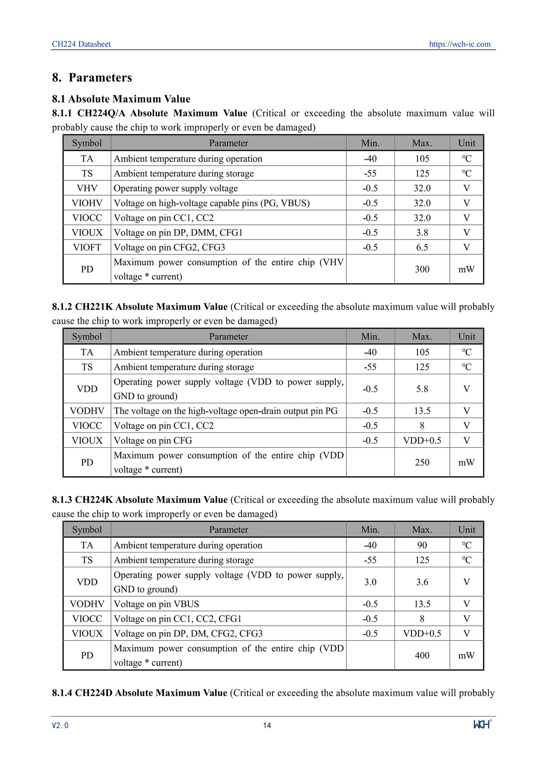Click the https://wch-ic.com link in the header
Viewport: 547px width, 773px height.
pyautogui.click(x=460, y=44)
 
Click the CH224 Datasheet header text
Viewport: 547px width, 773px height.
pyautogui.click(x=81, y=44)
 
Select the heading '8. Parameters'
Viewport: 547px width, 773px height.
pyautogui.click(x=92, y=78)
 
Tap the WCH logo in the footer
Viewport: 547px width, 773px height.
pyautogui.click(x=482, y=724)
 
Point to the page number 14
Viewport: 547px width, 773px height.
pyautogui.click(x=267, y=725)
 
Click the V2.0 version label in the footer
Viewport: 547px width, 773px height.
pyautogui.click(x=60, y=725)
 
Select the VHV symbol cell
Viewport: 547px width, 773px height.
pyautogui.click(x=87, y=188)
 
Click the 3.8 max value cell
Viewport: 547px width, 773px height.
pyautogui.click(x=422, y=232)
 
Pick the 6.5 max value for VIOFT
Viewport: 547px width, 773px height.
pyautogui.click(x=422, y=247)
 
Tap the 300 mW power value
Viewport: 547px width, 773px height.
pyautogui.click(x=422, y=269)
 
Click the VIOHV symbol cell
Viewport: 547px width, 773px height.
pyautogui.click(x=87, y=203)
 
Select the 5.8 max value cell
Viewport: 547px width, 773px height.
pyautogui.click(x=422, y=389)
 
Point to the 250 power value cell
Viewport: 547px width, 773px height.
pyautogui.click(x=422, y=462)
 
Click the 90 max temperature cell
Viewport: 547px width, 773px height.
pyautogui.click(x=422, y=545)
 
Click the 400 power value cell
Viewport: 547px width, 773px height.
pyautogui.click(x=422, y=655)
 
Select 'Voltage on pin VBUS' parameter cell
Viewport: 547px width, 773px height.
pyautogui.click(x=156, y=604)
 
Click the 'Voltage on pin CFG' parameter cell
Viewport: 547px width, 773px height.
pyautogui.click(x=153, y=440)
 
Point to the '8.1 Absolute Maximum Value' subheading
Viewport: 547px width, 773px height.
pyautogui.click(x=121, y=99)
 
